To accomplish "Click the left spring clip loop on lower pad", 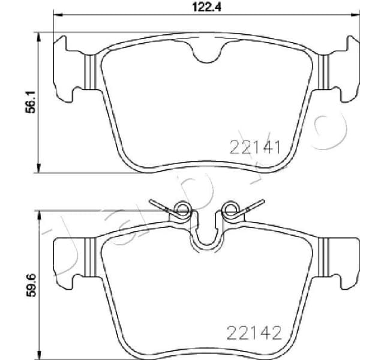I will click(x=181, y=209).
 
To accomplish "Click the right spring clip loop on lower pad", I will click(x=229, y=209).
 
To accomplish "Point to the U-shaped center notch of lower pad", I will click(x=205, y=237).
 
